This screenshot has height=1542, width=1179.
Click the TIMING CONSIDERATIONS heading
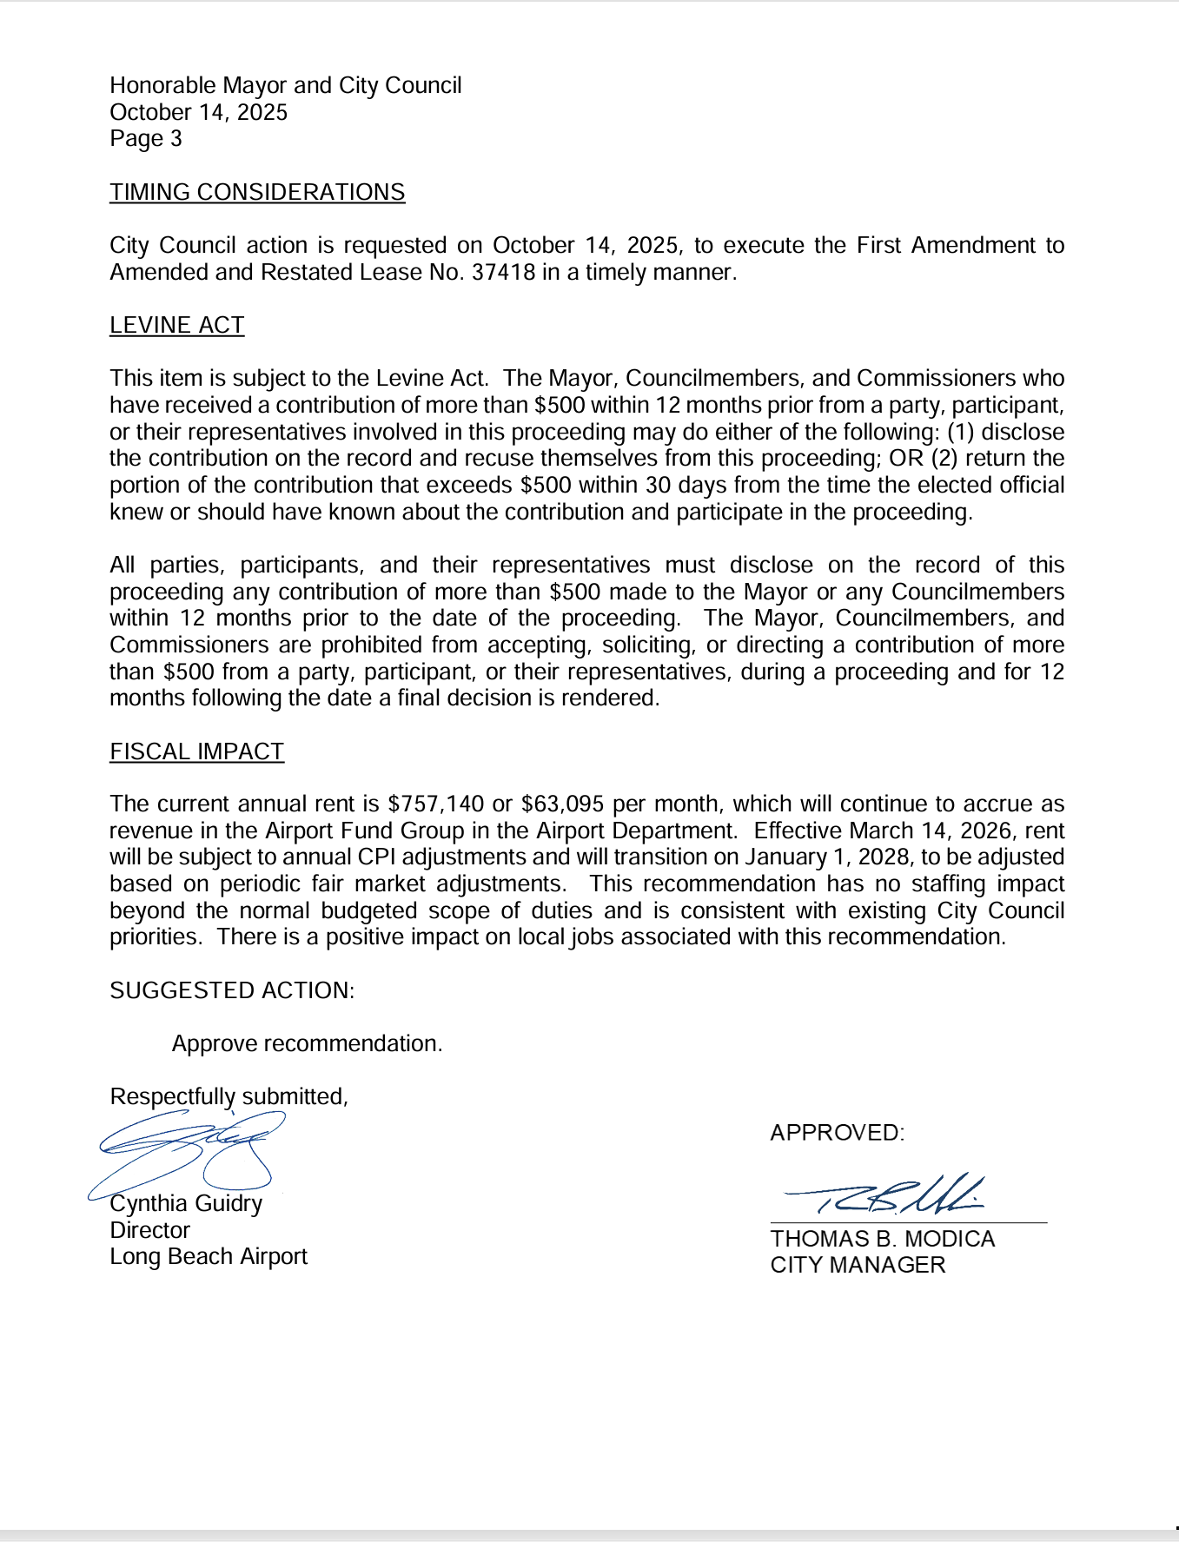(x=257, y=192)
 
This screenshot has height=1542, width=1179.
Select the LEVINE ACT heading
(x=176, y=325)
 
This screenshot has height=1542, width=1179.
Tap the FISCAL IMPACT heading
(x=196, y=751)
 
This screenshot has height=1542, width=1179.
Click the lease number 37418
(x=503, y=273)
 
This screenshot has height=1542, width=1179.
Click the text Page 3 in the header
(x=146, y=139)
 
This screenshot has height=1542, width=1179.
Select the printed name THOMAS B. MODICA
(x=882, y=1239)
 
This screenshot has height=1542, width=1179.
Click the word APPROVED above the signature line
(x=836, y=1133)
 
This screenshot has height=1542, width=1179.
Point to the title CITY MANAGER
(x=858, y=1265)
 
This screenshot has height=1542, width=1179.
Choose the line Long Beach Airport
(x=209, y=1257)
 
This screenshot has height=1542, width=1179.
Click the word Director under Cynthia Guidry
(x=149, y=1230)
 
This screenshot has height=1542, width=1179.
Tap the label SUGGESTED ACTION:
(x=232, y=990)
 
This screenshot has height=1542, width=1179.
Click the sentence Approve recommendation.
(x=307, y=1043)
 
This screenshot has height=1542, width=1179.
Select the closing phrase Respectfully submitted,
(x=229, y=1096)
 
